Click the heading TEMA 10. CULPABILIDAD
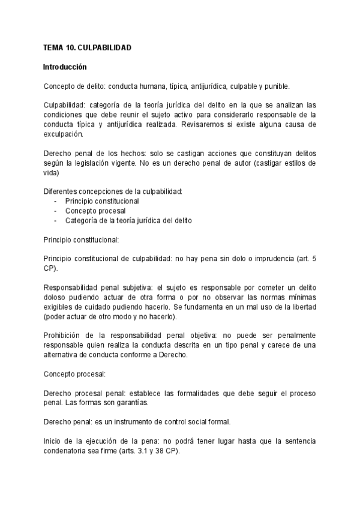click(88, 47)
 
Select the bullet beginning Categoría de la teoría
click(128, 220)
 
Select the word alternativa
click(62, 355)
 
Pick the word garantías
click(139, 403)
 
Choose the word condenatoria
click(70, 451)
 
